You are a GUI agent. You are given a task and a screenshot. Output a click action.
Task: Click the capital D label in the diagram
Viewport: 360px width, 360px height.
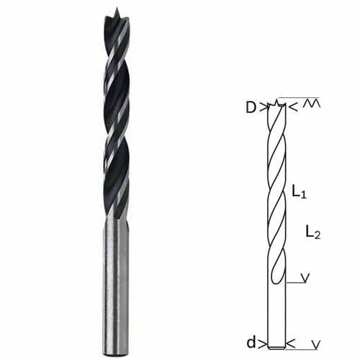251,108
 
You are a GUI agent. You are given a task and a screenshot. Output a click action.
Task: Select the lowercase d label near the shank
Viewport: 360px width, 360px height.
251,342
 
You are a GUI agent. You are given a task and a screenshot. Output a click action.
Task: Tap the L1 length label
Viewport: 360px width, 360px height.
299,192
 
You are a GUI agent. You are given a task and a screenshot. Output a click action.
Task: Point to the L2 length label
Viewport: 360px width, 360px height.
313,232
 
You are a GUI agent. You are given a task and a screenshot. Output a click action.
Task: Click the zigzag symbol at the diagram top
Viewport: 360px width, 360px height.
311,103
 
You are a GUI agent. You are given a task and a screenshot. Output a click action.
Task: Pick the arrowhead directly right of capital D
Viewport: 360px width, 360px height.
264,107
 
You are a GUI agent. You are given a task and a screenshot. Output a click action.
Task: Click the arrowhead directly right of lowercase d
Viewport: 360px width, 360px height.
263,344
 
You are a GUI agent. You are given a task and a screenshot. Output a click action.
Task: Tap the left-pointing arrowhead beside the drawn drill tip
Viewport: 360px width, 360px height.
294,107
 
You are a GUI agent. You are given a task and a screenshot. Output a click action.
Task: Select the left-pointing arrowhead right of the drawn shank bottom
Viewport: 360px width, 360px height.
291,344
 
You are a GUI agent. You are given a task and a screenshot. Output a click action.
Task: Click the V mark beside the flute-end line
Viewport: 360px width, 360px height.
305,278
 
